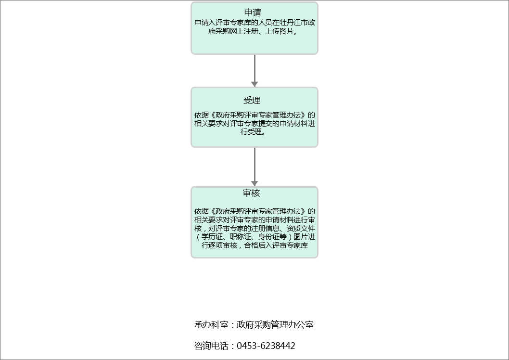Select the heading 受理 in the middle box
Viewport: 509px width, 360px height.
coord(252,101)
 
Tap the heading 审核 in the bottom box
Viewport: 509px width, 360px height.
coord(252,193)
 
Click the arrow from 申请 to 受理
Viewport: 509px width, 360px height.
coord(254,70)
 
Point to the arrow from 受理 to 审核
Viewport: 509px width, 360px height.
coord(254,166)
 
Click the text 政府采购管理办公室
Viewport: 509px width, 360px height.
coord(275,325)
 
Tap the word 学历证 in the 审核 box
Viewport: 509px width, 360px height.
coord(212,237)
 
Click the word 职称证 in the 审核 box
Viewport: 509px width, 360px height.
coord(240,237)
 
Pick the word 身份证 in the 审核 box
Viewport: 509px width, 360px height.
coord(268,237)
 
